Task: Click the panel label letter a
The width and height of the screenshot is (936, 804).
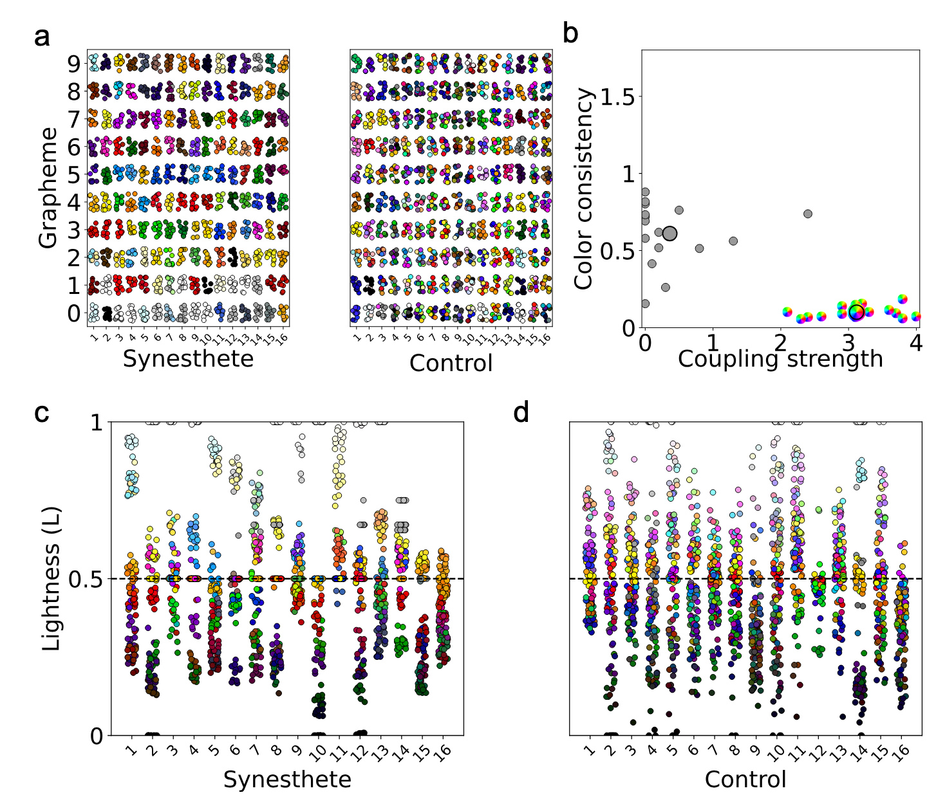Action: (x=42, y=37)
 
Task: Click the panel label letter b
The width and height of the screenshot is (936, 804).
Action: (x=571, y=34)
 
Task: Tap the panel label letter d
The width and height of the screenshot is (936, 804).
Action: (x=521, y=412)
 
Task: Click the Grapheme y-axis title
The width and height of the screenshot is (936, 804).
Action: (x=48, y=188)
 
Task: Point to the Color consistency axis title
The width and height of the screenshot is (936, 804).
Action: (x=583, y=189)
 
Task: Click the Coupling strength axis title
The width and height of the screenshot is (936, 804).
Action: (x=780, y=359)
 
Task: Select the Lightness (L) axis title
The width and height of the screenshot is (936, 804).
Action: (x=52, y=578)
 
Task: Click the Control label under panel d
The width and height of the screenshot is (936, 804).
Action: (x=745, y=780)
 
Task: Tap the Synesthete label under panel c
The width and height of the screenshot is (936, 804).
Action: (x=287, y=780)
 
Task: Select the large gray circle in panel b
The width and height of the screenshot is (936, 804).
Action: (x=669, y=233)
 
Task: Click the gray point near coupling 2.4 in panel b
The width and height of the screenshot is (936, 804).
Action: (x=808, y=214)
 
